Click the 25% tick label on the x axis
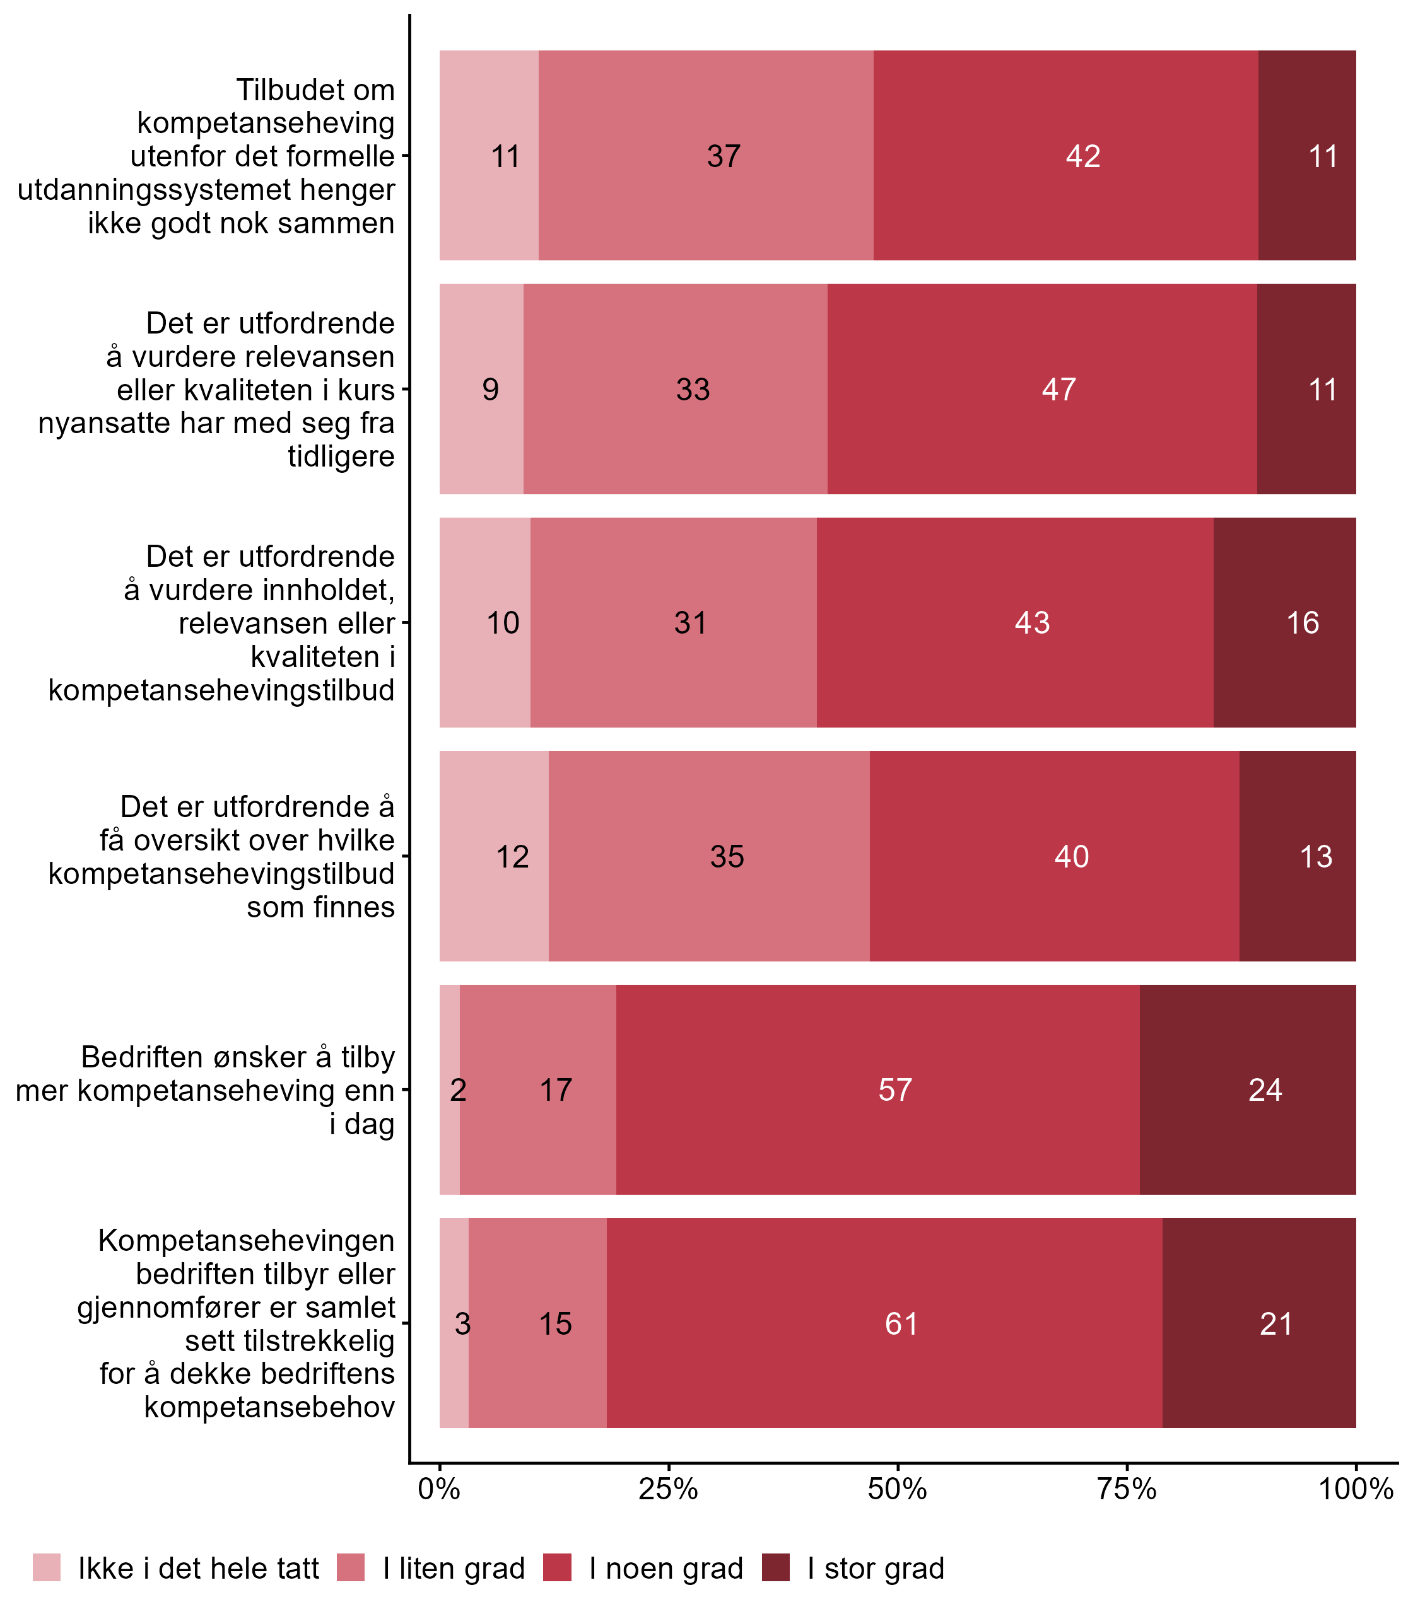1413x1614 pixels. pyautogui.click(x=668, y=1489)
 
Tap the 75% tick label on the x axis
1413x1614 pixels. pyautogui.click(x=1127, y=1489)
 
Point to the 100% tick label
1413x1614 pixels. pyautogui.click(x=1356, y=1489)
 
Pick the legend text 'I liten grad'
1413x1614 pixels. pyautogui.click(x=454, y=1569)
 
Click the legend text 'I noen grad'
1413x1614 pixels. pyautogui.click(x=666, y=1569)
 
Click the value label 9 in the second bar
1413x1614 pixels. pyautogui.click(x=491, y=390)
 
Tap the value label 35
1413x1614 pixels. pyautogui.click(x=726, y=857)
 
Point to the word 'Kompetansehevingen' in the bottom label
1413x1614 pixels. pyautogui.click(x=246, y=1241)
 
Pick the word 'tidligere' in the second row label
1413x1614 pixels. pyautogui.click(x=341, y=456)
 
